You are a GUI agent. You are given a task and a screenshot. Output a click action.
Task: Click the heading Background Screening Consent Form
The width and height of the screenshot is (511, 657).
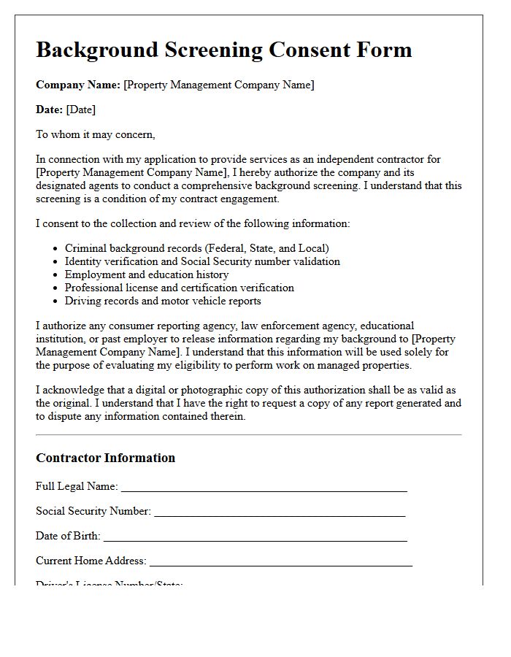(x=223, y=50)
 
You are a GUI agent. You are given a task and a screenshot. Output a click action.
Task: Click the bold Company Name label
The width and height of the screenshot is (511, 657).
(x=78, y=85)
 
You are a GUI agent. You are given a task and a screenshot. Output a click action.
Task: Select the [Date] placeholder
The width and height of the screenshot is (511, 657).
(x=81, y=109)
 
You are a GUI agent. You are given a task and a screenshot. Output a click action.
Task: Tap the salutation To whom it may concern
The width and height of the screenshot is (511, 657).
(x=96, y=134)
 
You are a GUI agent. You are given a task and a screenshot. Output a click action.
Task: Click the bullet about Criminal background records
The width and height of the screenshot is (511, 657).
(x=196, y=248)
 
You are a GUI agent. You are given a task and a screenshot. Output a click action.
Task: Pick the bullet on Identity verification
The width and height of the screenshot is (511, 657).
(x=202, y=261)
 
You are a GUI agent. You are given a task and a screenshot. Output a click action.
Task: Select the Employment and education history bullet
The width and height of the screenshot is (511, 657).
(x=147, y=274)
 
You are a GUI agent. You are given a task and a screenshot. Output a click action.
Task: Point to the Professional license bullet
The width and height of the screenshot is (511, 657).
(x=180, y=288)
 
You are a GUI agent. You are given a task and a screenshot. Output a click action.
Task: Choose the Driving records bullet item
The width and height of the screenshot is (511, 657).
(x=163, y=301)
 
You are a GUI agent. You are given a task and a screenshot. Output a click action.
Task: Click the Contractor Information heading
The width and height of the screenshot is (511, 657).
(x=106, y=458)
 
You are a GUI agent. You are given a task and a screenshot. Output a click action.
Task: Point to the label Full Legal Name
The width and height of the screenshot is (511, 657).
(x=77, y=486)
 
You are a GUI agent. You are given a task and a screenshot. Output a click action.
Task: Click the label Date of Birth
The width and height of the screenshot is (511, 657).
(x=68, y=536)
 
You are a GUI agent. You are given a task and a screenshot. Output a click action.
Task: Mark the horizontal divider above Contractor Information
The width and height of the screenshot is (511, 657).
(x=248, y=435)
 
